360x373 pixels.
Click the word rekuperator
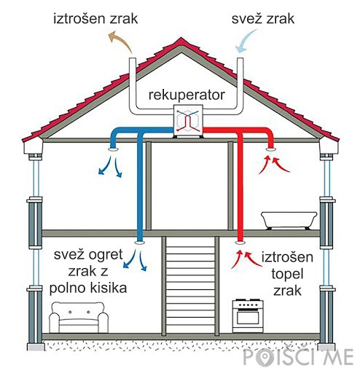click(187, 95)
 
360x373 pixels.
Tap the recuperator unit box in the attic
click(188, 119)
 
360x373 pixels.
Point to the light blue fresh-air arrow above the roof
click(246, 41)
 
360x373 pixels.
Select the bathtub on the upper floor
click(289, 220)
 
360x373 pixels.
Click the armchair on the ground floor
click(79, 318)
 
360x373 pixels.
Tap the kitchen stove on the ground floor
click(248, 316)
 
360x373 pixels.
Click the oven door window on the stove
click(248, 318)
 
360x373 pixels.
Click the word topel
click(287, 275)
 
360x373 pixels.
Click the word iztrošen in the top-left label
click(79, 18)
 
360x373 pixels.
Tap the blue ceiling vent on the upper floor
click(113, 149)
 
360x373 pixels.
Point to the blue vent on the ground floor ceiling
click(140, 243)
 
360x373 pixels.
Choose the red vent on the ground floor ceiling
click(240, 243)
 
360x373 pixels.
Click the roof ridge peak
click(181, 38)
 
